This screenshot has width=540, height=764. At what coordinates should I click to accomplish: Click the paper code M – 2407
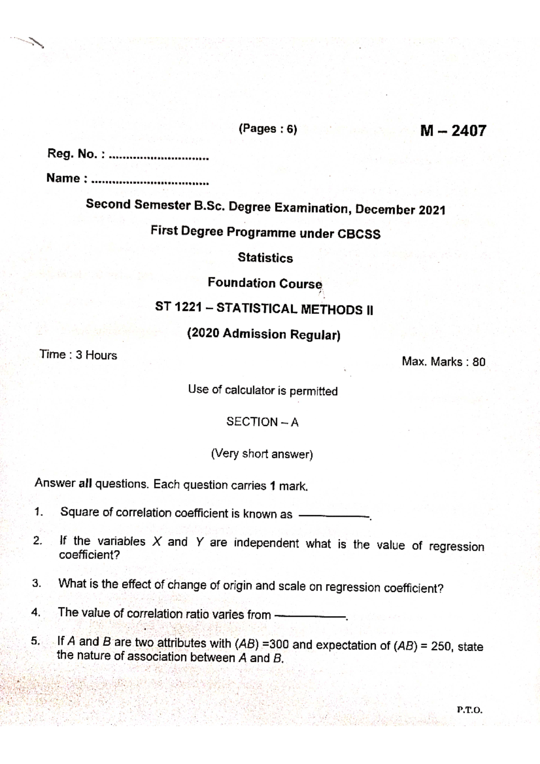(453, 131)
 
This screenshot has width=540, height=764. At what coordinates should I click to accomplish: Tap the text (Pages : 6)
(268, 129)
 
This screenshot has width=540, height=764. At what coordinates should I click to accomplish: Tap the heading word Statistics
(265, 258)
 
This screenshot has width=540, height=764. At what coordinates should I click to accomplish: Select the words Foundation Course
(265, 283)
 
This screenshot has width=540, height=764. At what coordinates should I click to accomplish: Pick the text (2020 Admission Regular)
(264, 334)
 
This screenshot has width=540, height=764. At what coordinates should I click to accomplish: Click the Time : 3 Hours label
(78, 355)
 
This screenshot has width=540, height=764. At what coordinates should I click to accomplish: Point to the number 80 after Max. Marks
(479, 362)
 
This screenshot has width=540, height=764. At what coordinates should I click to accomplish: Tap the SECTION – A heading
(262, 422)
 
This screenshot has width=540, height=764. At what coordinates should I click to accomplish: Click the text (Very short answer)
(262, 454)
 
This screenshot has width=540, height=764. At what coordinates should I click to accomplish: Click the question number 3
(36, 584)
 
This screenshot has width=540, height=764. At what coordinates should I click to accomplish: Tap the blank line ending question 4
(310, 616)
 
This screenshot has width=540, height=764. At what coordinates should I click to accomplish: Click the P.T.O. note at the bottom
(469, 710)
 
